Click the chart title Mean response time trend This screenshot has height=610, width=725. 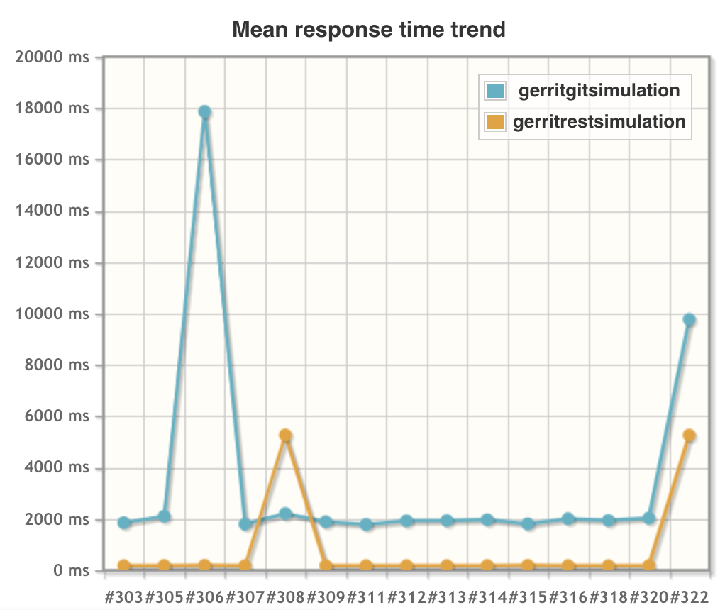[x=369, y=29]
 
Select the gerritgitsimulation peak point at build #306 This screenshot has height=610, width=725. [x=205, y=112]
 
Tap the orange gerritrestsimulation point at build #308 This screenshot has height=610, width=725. [x=286, y=436]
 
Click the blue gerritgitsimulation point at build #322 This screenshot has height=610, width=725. [x=689, y=320]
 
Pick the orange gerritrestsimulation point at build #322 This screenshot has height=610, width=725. [x=689, y=436]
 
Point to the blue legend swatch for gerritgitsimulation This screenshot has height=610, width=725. [x=495, y=91]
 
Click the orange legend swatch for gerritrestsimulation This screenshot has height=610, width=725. [x=495, y=122]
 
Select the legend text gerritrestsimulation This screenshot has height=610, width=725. [x=599, y=122]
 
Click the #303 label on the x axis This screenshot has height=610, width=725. [x=124, y=594]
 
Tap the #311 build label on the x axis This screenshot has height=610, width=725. [x=366, y=594]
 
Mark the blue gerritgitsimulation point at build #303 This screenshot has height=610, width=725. [x=124, y=523]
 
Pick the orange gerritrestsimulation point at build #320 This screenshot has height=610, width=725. [x=648, y=566]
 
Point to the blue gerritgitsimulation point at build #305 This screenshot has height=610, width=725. [x=165, y=516]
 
